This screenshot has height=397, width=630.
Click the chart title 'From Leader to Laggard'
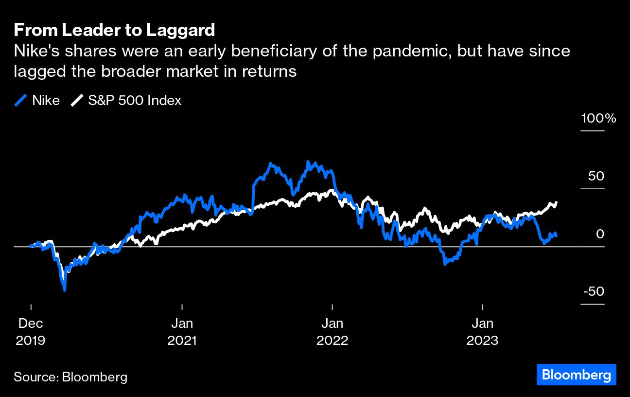(x=114, y=30)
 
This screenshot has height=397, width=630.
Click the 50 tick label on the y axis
(x=595, y=176)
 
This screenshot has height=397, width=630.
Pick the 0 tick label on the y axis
(x=600, y=234)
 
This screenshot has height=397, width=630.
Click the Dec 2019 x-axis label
(x=31, y=331)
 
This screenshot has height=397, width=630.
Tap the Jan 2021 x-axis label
(x=182, y=331)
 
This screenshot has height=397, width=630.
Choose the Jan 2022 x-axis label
(x=332, y=331)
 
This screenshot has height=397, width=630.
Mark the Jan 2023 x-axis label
(x=482, y=331)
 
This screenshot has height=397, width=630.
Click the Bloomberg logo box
(x=576, y=375)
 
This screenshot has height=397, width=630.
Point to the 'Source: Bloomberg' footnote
(x=70, y=377)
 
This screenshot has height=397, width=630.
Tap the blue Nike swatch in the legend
(x=20, y=101)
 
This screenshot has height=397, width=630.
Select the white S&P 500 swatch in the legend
(x=77, y=101)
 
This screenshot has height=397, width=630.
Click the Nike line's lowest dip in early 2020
(x=65, y=290)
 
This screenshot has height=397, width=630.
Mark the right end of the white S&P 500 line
(x=556, y=202)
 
